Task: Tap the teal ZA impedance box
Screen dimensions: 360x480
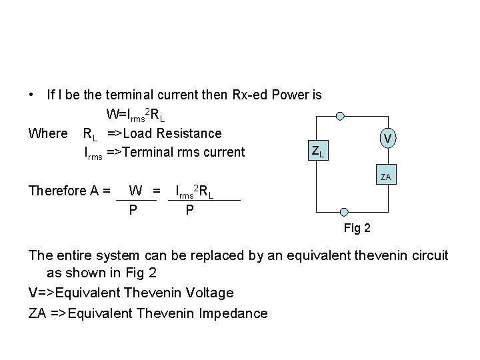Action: (x=386, y=177)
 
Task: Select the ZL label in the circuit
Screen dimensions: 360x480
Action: (x=318, y=152)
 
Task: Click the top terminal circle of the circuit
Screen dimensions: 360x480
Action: (x=340, y=116)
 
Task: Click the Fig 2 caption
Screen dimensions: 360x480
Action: (x=357, y=229)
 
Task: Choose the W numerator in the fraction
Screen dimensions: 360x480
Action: (x=135, y=191)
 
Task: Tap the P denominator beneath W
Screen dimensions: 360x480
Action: (x=133, y=210)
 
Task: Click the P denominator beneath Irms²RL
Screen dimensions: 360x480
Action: (x=190, y=210)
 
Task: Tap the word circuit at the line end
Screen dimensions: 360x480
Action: (x=429, y=255)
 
